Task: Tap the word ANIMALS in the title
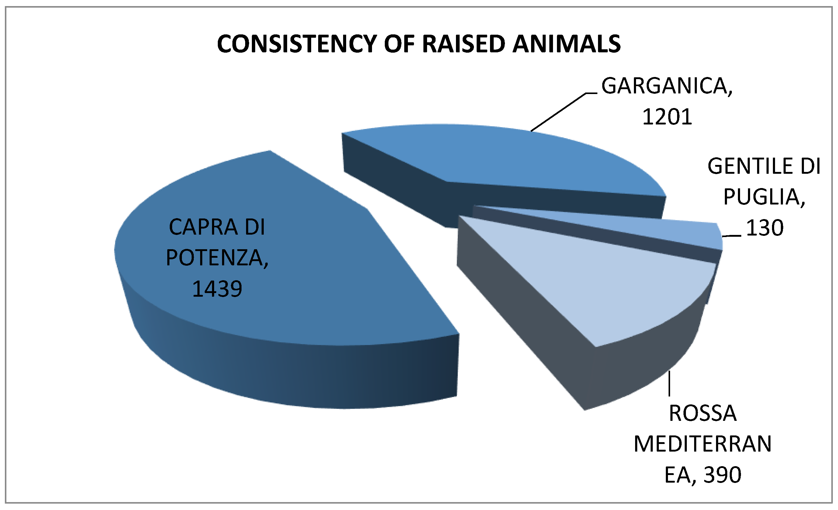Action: point(566,44)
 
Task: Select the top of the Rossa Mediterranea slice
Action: point(612,289)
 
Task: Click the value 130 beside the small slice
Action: point(764,228)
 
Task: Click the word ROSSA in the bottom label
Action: point(703,413)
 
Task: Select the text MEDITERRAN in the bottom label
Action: point(703,444)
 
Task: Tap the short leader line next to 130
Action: point(732,236)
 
